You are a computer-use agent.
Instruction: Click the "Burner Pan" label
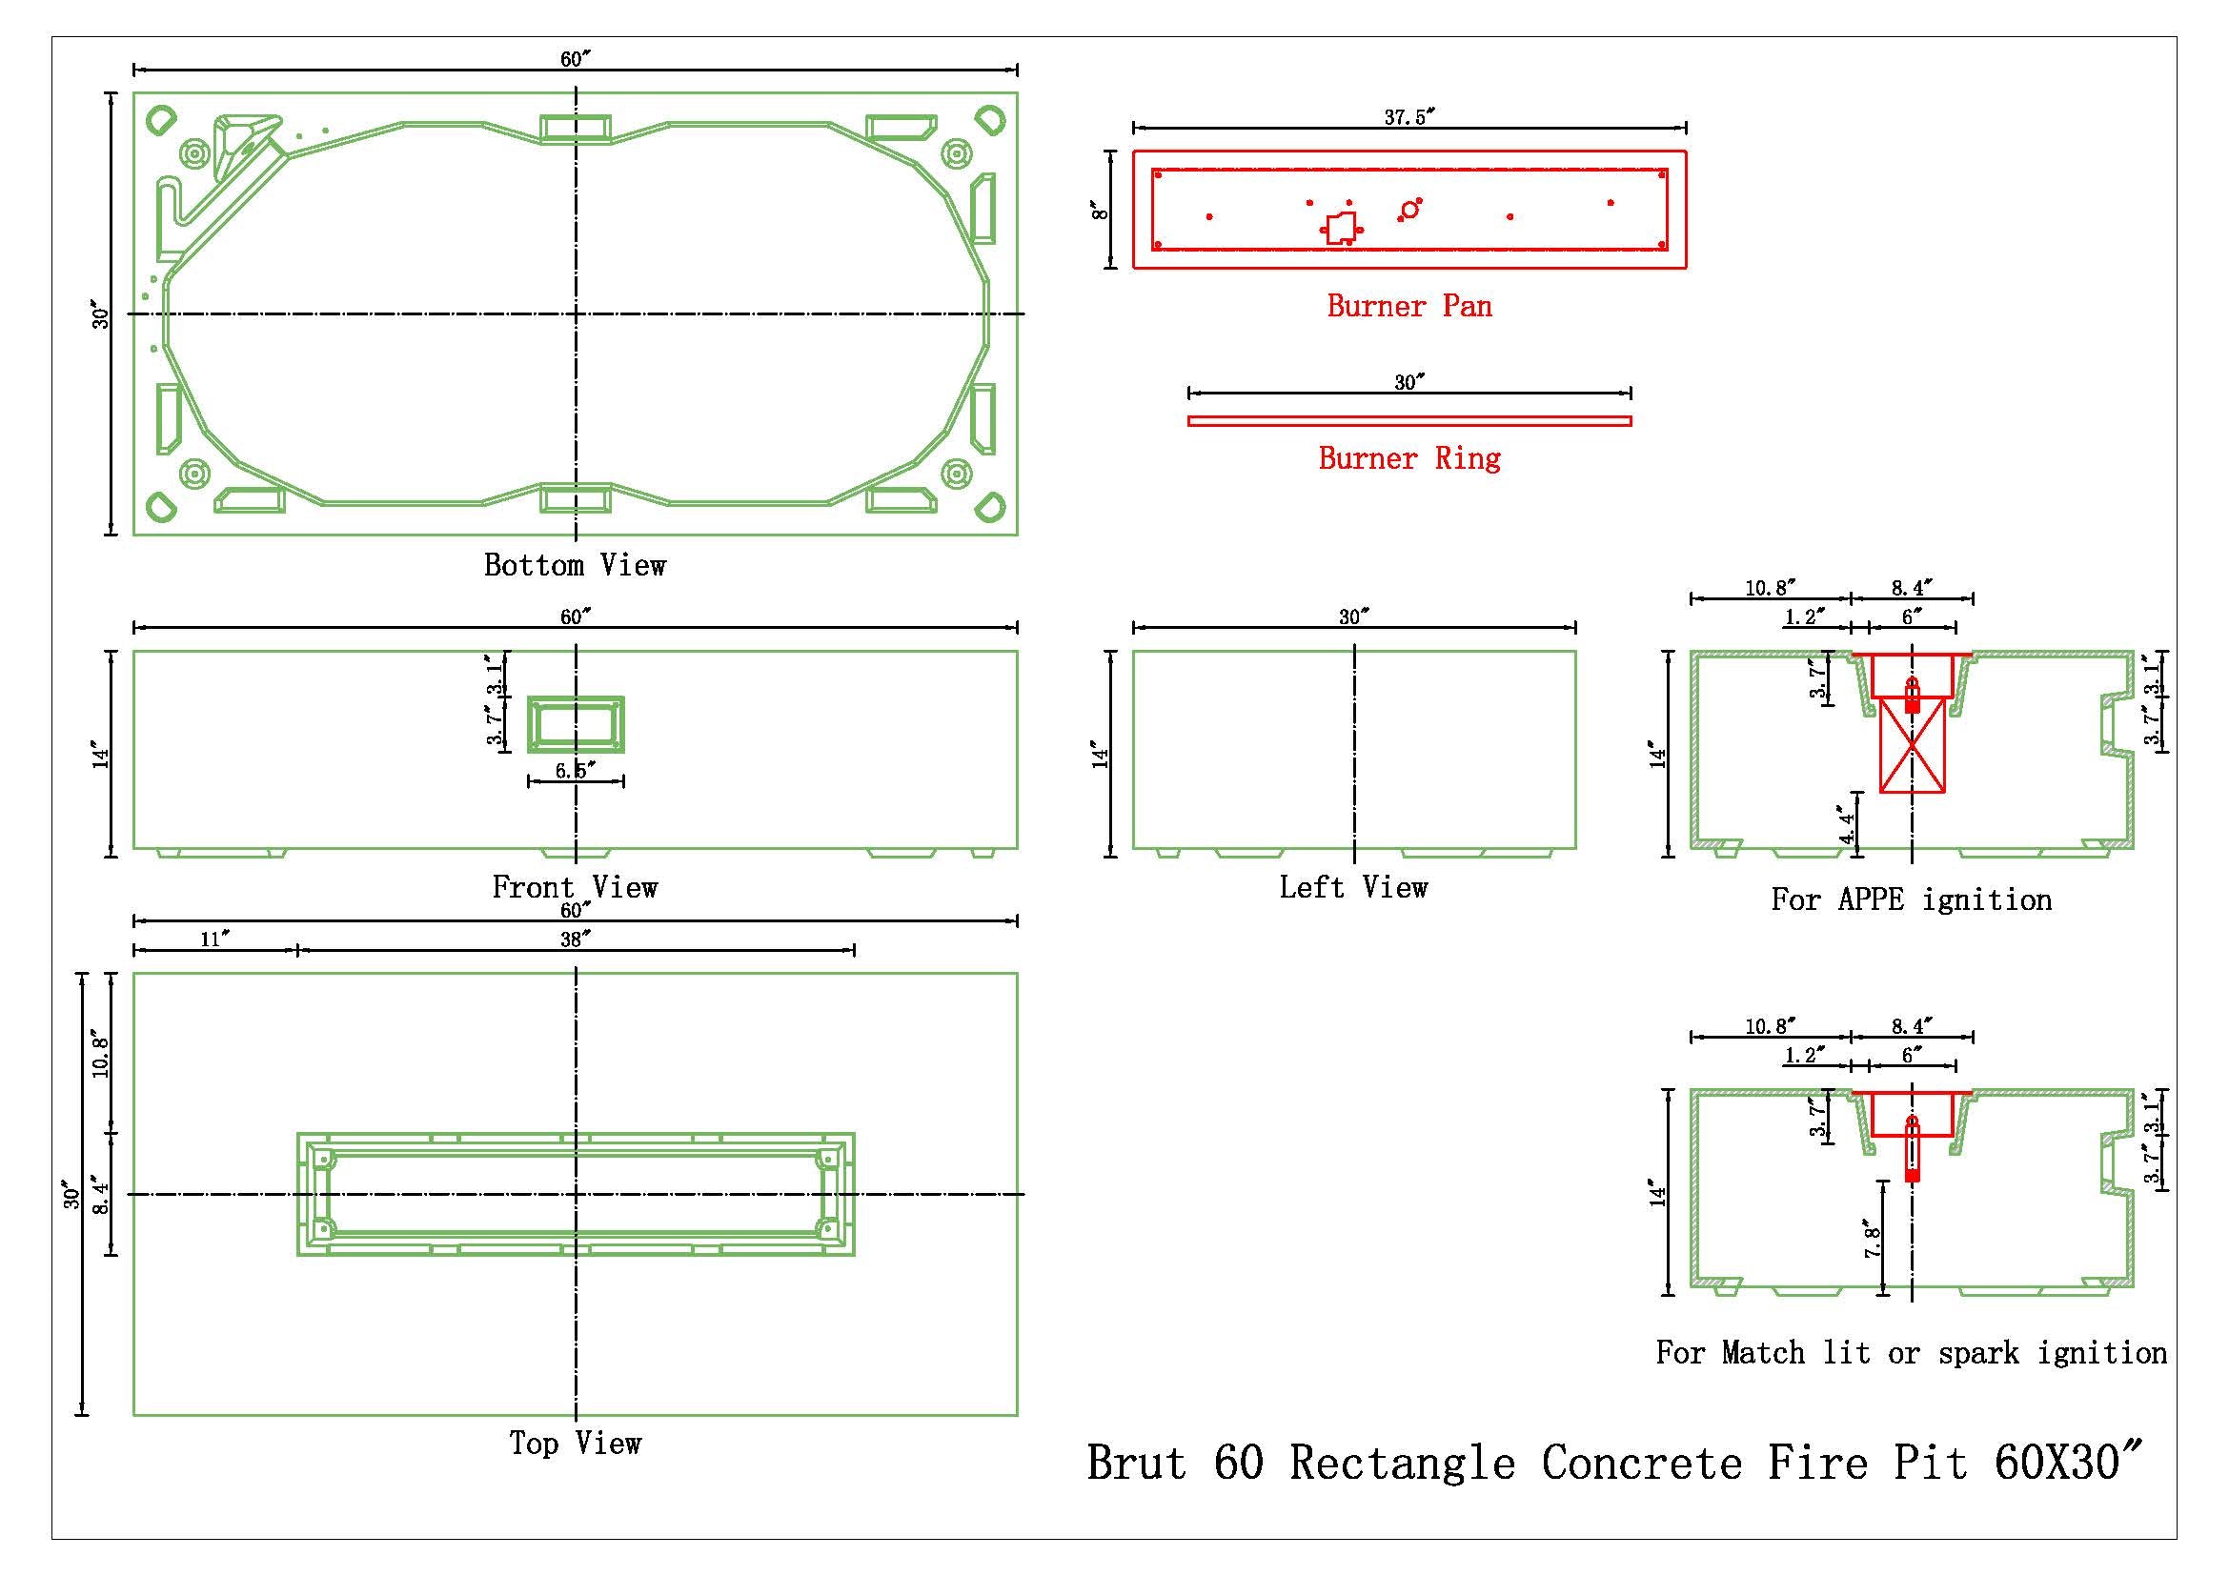[x=1408, y=307]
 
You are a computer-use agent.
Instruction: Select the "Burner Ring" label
[x=1408, y=458]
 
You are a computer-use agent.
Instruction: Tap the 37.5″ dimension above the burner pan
[x=1408, y=117]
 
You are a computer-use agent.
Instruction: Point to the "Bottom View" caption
[x=575, y=565]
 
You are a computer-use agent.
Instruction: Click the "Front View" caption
[x=575, y=887]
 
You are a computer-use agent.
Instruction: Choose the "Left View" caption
[x=1353, y=887]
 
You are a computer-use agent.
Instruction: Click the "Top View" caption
[x=575, y=1443]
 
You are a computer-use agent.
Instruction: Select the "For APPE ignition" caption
[x=1911, y=899]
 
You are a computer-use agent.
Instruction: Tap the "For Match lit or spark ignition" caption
[x=1911, y=1352]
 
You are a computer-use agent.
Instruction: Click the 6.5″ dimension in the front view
[x=575, y=771]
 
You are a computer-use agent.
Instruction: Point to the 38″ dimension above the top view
[x=575, y=939]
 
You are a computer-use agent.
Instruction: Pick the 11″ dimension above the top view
[x=214, y=939]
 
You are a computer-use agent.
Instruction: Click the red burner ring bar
[x=1408, y=421]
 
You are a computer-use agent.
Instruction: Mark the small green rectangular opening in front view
[x=575, y=724]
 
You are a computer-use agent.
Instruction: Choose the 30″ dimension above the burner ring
[x=1408, y=382]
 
